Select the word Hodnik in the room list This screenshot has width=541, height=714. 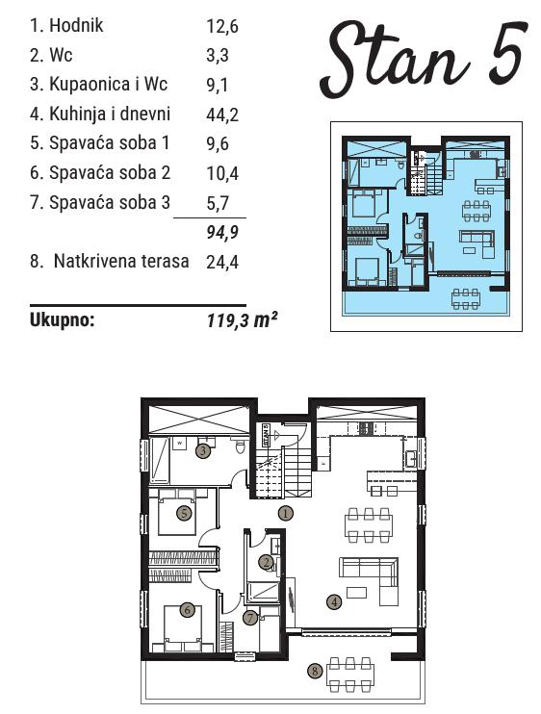click(x=76, y=25)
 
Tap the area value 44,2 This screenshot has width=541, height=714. click(x=222, y=115)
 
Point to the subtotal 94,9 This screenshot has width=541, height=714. click(x=222, y=232)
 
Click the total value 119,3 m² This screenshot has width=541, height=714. click(x=242, y=320)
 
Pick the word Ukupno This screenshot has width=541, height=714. click(x=62, y=320)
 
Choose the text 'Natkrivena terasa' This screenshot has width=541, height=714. click(x=121, y=262)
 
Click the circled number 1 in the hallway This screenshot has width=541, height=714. click(x=286, y=513)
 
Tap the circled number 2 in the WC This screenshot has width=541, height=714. click(x=267, y=562)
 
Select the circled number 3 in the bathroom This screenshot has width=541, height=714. click(x=203, y=451)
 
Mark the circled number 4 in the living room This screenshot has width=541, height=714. click(x=334, y=602)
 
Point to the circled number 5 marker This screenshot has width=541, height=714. click(x=184, y=513)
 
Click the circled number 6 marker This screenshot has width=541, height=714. click(x=187, y=609)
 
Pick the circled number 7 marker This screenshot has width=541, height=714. click(x=250, y=618)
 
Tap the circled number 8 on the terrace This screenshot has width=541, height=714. click(x=315, y=671)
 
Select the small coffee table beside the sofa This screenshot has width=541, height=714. click(x=356, y=592)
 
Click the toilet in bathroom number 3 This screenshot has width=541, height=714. click(x=241, y=446)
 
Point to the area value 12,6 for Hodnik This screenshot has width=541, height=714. click(x=222, y=26)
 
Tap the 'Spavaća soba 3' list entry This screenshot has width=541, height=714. click(x=100, y=202)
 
